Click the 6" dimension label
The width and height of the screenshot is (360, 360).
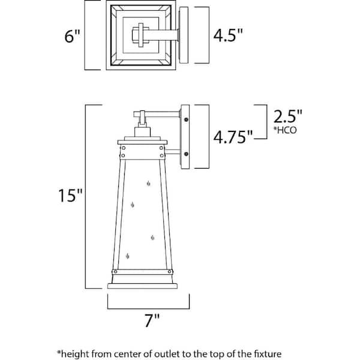click(73, 36)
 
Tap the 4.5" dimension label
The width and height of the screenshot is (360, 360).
click(228, 35)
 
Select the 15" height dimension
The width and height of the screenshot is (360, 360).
click(70, 196)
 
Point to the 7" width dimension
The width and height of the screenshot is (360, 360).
click(152, 320)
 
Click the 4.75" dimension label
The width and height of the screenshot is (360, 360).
click(233, 137)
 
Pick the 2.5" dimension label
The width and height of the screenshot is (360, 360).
click(287, 116)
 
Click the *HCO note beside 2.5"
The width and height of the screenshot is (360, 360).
click(285, 130)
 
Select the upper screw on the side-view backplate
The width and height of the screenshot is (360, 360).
click(186, 119)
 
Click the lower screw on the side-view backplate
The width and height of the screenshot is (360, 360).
click(186, 154)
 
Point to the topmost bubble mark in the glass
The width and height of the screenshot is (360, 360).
click(149, 184)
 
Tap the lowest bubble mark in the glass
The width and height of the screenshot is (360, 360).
click(128, 256)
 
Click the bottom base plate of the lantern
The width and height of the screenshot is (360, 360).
click(142, 286)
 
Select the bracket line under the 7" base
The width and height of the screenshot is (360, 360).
click(148, 308)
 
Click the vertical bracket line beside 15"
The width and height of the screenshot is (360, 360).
click(85, 197)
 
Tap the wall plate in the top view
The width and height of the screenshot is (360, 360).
click(184, 35)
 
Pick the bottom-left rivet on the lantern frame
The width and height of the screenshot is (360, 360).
click(115, 272)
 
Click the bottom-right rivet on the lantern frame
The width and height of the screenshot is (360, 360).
click(169, 272)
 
